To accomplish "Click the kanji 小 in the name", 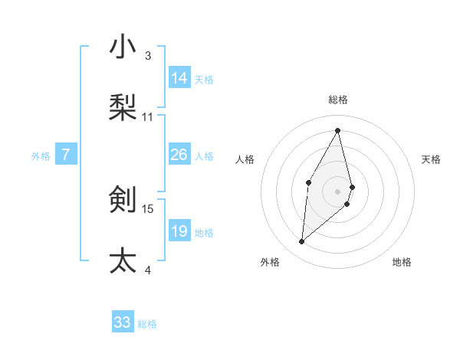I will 123,47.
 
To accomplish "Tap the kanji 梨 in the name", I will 123,107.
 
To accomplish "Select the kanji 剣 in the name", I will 123,199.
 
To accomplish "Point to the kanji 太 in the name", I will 123,260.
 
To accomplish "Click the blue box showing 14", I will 179,78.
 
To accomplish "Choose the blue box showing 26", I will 179,155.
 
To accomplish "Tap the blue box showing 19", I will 179,231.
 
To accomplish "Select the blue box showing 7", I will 66,155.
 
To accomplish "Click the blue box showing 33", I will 123,322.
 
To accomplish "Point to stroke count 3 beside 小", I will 148,55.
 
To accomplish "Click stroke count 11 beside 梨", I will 148,116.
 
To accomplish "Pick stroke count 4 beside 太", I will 148,270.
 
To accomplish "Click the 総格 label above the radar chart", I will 338,100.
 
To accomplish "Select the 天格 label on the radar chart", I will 431,159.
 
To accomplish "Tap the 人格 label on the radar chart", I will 245,159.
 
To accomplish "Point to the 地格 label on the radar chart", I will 402,262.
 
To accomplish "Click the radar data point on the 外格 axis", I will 302,242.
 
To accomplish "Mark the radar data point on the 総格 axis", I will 338,129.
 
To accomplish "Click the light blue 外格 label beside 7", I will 41,155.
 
